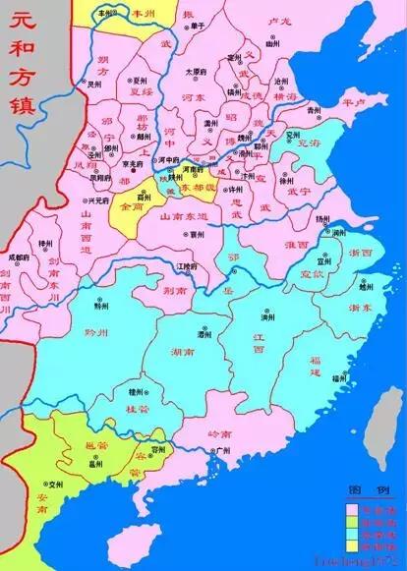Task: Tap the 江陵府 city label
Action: pos(180,265)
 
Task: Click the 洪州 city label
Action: pos(266,318)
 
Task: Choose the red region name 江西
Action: pos(258,346)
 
